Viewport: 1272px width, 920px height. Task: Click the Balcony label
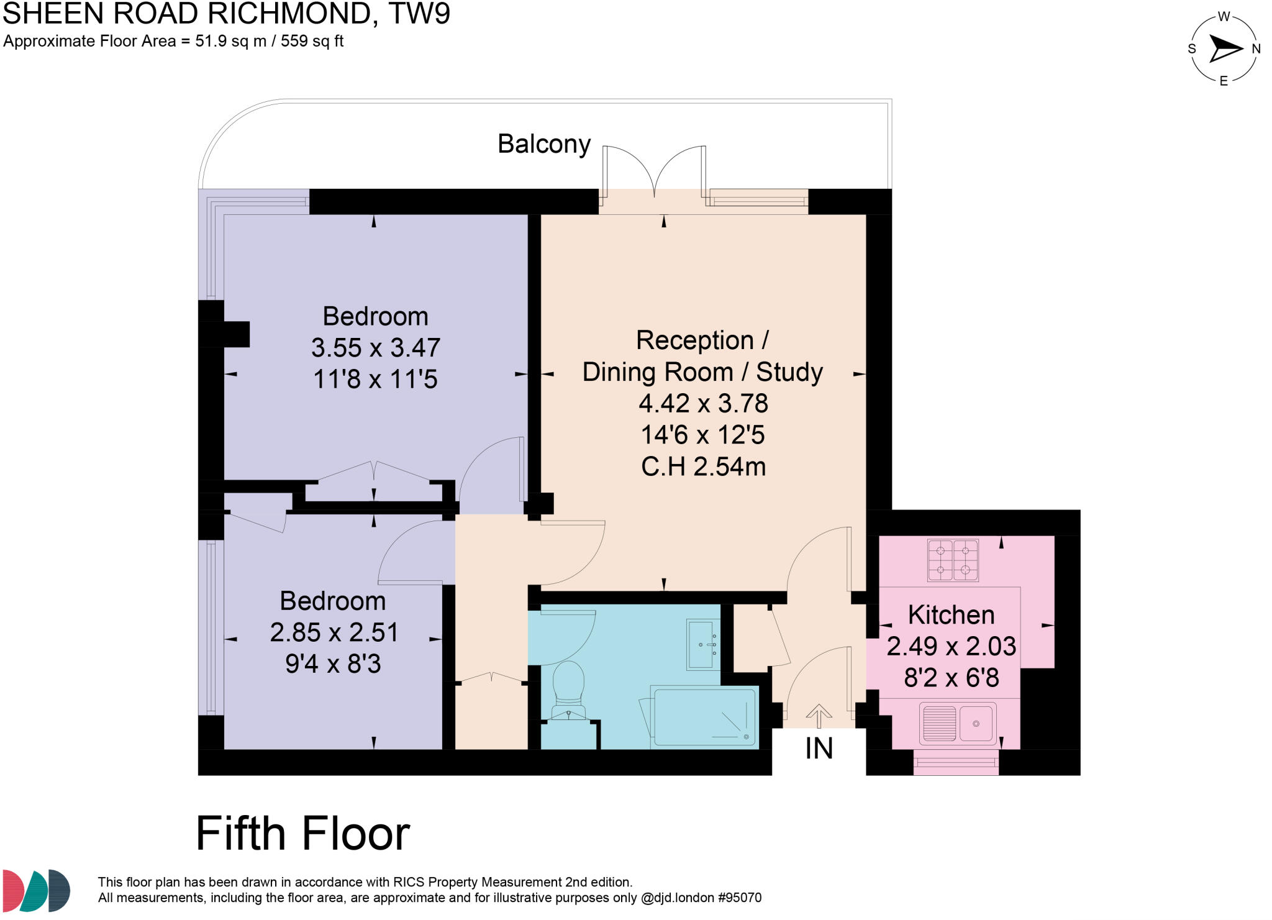[543, 144]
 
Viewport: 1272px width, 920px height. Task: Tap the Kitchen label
[951, 614]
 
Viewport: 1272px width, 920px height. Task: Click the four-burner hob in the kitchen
[953, 560]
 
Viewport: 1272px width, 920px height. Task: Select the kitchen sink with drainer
[958, 723]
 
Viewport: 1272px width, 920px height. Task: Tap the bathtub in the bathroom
[705, 717]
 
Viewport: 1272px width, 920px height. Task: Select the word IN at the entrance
[819, 749]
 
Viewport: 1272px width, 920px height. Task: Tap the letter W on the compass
[1224, 17]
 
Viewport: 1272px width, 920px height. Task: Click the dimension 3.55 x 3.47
[375, 347]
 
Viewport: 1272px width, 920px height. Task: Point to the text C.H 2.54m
[703, 467]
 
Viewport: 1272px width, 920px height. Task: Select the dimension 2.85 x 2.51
[334, 632]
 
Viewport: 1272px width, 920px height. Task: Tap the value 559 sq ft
[312, 42]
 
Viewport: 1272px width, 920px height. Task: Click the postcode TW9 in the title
[419, 14]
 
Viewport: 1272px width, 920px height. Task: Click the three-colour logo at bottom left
[36, 890]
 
